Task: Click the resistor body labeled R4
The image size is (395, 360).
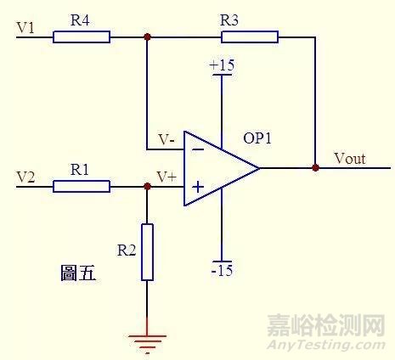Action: [x=82, y=37]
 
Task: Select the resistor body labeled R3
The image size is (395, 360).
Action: [x=249, y=37]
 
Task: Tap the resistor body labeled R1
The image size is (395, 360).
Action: [x=82, y=186]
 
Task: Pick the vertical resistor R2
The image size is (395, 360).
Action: [x=147, y=252]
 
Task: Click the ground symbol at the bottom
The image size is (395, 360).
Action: [x=147, y=341]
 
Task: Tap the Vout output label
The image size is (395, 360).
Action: [x=350, y=157]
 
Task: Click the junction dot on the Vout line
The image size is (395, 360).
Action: [x=315, y=167]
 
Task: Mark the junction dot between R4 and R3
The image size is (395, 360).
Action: [x=147, y=37]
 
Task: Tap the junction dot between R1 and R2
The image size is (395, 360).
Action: [x=147, y=186]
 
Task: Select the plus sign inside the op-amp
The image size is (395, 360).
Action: [x=197, y=186]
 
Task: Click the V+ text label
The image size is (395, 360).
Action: [x=166, y=177]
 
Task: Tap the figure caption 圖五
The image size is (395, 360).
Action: [x=78, y=273]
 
